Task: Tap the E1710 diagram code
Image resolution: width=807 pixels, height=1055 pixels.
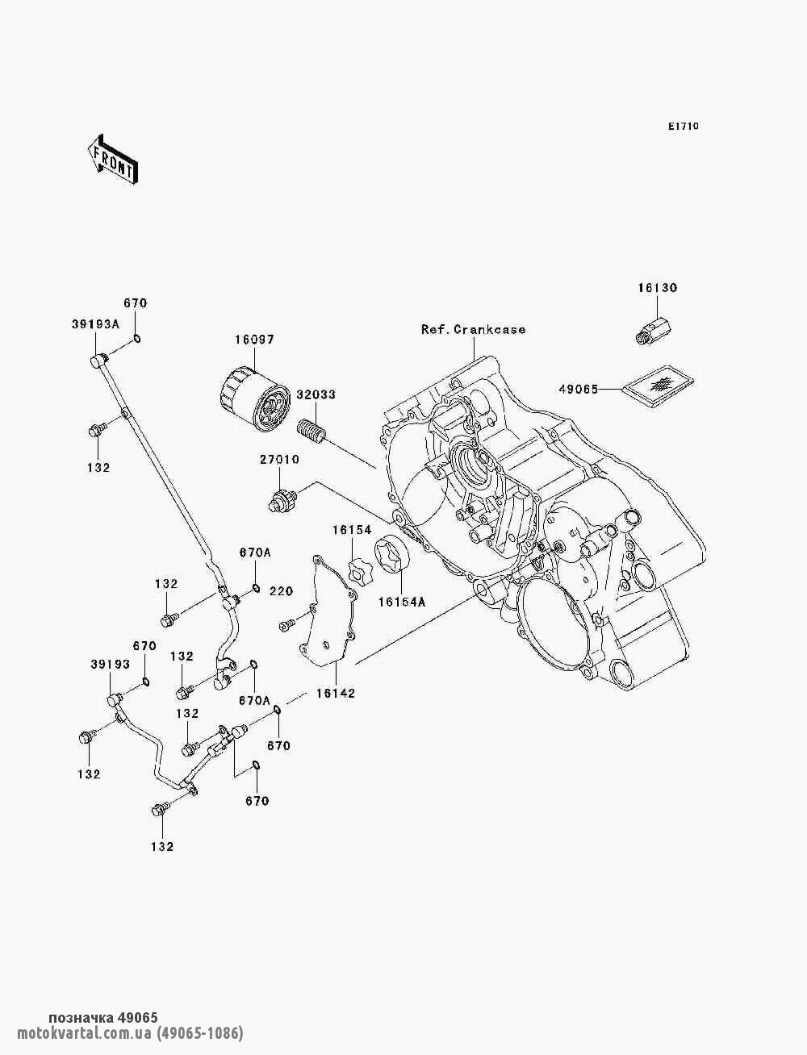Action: (683, 127)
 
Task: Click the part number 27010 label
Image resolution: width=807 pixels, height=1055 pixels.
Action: (279, 460)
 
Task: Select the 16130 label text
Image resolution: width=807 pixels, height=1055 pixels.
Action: (658, 288)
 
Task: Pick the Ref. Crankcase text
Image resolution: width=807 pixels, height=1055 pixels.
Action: (473, 330)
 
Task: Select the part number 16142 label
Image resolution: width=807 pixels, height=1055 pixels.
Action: (335, 692)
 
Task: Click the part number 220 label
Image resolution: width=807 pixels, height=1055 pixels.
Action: (282, 592)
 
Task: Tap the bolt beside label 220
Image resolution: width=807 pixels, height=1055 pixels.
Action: (286, 624)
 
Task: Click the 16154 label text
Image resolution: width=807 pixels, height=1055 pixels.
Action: (351, 530)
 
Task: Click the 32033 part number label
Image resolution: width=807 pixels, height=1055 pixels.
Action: (316, 395)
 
